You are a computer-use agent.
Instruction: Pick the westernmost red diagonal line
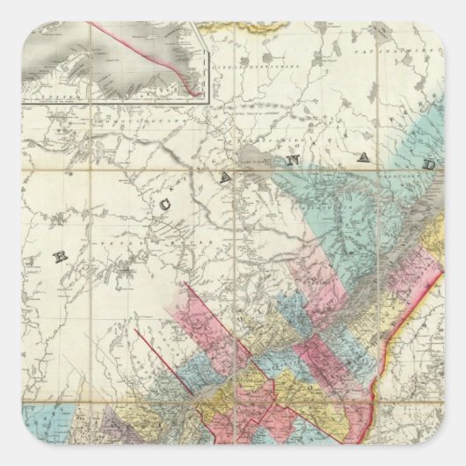158,352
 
